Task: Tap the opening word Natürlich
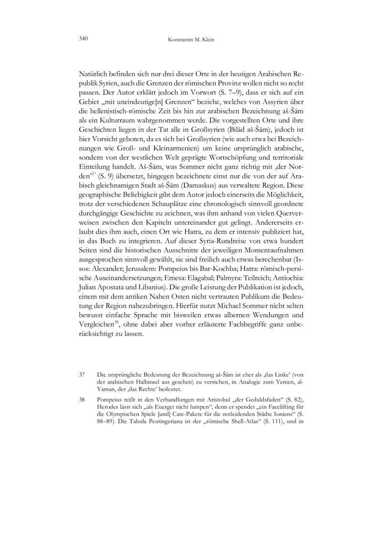(x=94, y=75)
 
